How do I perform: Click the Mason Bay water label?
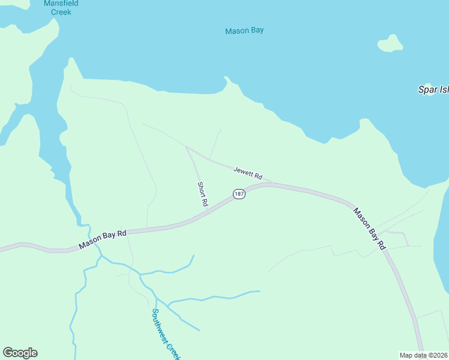244,31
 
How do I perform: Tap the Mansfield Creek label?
61,7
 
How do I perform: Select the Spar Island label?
433,89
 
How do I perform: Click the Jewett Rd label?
248,173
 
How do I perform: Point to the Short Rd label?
202,194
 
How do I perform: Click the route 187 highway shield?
239,194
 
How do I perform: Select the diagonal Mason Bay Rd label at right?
369,229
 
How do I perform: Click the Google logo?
20,353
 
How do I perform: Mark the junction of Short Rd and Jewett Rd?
187,147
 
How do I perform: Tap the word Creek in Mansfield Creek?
61,12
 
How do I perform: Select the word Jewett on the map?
244,172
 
